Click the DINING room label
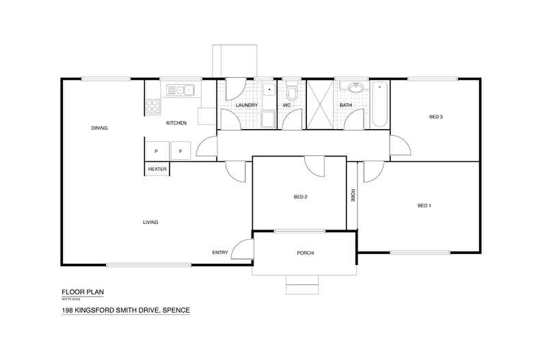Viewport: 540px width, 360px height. pos(99,128)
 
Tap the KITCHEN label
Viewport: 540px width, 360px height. pos(176,123)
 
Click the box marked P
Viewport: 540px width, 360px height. pos(156,150)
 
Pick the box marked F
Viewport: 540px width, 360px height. pos(180,150)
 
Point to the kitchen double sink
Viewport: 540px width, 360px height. pos(180,89)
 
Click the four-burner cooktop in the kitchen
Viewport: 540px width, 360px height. pos(152,107)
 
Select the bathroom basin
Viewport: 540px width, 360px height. pos(356,88)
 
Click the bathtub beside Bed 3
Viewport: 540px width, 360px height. pos(379,104)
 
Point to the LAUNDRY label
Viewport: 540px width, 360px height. pos(246,105)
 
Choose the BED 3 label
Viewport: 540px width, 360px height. pos(436,117)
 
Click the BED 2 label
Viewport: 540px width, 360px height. pos(300,197)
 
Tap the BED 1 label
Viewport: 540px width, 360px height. pos(424,206)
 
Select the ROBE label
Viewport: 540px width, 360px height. pos(353,195)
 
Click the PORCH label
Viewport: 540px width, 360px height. pos(305,253)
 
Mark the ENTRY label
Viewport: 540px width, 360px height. pos(219,253)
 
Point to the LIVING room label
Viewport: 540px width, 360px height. pos(150,223)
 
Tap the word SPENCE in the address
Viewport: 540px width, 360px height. pos(173,310)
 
